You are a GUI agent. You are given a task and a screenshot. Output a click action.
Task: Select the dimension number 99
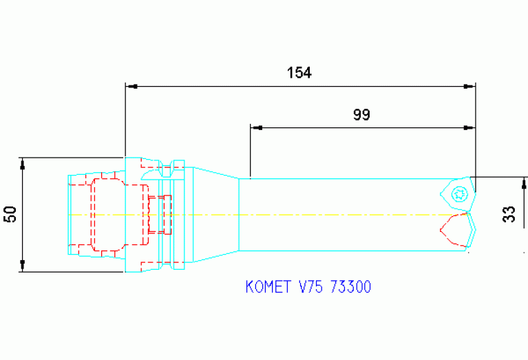(x=362, y=114)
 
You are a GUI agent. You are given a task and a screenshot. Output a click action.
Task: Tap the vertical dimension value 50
(x=10, y=214)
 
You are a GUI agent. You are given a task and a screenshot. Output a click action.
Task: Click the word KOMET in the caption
(x=269, y=287)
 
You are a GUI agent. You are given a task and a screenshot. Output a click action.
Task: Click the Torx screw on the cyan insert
(x=458, y=195)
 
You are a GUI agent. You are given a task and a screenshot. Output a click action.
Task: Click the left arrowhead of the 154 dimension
(x=131, y=87)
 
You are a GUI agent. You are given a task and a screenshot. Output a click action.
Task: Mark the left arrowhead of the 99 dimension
(x=256, y=127)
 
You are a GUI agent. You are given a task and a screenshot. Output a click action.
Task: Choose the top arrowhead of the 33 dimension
(x=525, y=183)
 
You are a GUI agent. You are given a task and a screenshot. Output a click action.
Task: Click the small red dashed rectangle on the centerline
(x=159, y=214)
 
